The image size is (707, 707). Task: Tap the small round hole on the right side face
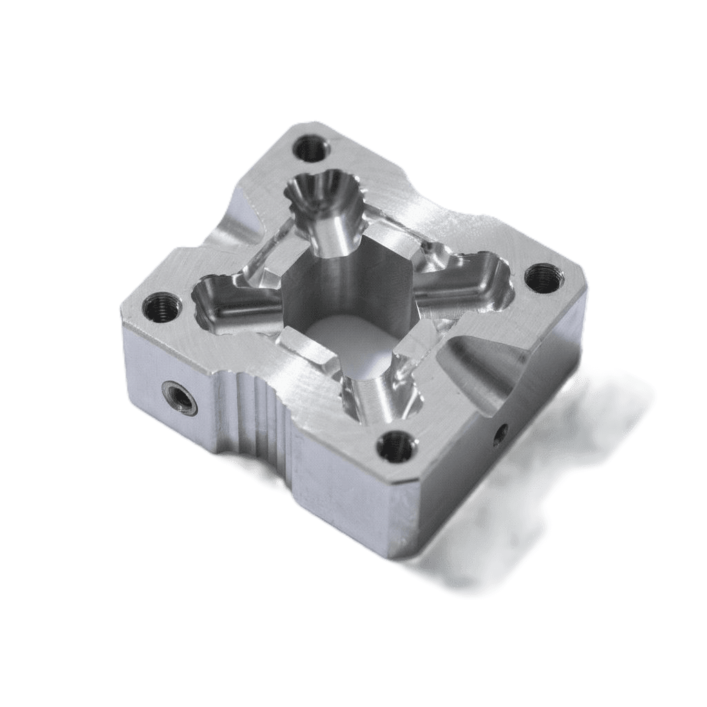pos(502,433)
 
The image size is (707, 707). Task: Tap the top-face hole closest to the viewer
pos(397,446)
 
